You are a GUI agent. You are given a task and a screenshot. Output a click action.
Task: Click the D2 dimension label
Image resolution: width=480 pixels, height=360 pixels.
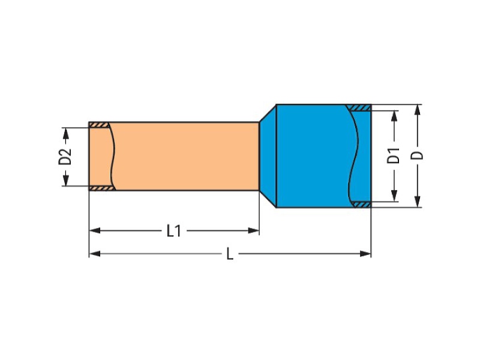pyautogui.click(x=65, y=157)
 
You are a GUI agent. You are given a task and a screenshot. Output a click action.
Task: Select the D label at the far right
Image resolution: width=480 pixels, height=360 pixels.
pyautogui.click(x=417, y=155)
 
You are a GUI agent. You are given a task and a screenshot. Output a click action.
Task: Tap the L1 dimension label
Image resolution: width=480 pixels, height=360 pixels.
pyautogui.click(x=174, y=231)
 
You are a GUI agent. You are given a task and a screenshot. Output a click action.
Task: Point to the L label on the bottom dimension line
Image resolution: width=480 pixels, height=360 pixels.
pyautogui.click(x=230, y=254)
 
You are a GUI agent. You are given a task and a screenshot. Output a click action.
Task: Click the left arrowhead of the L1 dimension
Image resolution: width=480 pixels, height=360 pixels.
pyautogui.click(x=95, y=230)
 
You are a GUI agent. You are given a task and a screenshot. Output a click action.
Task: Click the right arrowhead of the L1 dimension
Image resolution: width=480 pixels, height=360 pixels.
pyautogui.click(x=253, y=230)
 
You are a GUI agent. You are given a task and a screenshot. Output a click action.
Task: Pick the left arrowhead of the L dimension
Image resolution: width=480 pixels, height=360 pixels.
pyautogui.click(x=95, y=253)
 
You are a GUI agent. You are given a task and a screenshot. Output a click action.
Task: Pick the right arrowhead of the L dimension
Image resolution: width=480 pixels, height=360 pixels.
pyautogui.click(x=365, y=253)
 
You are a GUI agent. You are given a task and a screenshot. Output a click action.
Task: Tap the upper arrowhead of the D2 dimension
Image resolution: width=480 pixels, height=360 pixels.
pyautogui.click(x=66, y=133)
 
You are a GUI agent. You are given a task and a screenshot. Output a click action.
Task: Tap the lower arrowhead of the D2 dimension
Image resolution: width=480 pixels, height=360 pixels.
pyautogui.click(x=66, y=180)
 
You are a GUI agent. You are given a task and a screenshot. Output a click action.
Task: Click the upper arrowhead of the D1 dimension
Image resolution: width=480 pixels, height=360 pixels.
pyautogui.click(x=394, y=116)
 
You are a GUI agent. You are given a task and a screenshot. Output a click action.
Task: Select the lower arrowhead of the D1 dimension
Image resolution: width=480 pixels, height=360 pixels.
pyautogui.click(x=394, y=196)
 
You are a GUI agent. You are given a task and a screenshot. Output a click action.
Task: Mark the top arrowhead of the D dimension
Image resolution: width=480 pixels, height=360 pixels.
pyautogui.click(x=417, y=110)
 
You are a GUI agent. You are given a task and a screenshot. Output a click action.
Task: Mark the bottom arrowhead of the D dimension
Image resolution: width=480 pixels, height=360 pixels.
pyautogui.click(x=417, y=202)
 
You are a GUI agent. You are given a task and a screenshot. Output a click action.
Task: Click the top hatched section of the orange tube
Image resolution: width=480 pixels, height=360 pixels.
pyautogui.click(x=98, y=125)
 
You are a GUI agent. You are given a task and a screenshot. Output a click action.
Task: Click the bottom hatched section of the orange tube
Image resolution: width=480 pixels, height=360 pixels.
pyautogui.click(x=102, y=188)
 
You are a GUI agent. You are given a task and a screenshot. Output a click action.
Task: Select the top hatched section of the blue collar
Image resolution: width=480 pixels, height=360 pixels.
pyautogui.click(x=359, y=108)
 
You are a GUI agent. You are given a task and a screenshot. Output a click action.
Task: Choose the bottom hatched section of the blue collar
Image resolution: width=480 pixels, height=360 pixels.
pyautogui.click(x=361, y=205)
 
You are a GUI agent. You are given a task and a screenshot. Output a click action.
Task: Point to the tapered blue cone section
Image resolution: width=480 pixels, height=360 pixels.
pyautogui.click(x=268, y=156)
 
